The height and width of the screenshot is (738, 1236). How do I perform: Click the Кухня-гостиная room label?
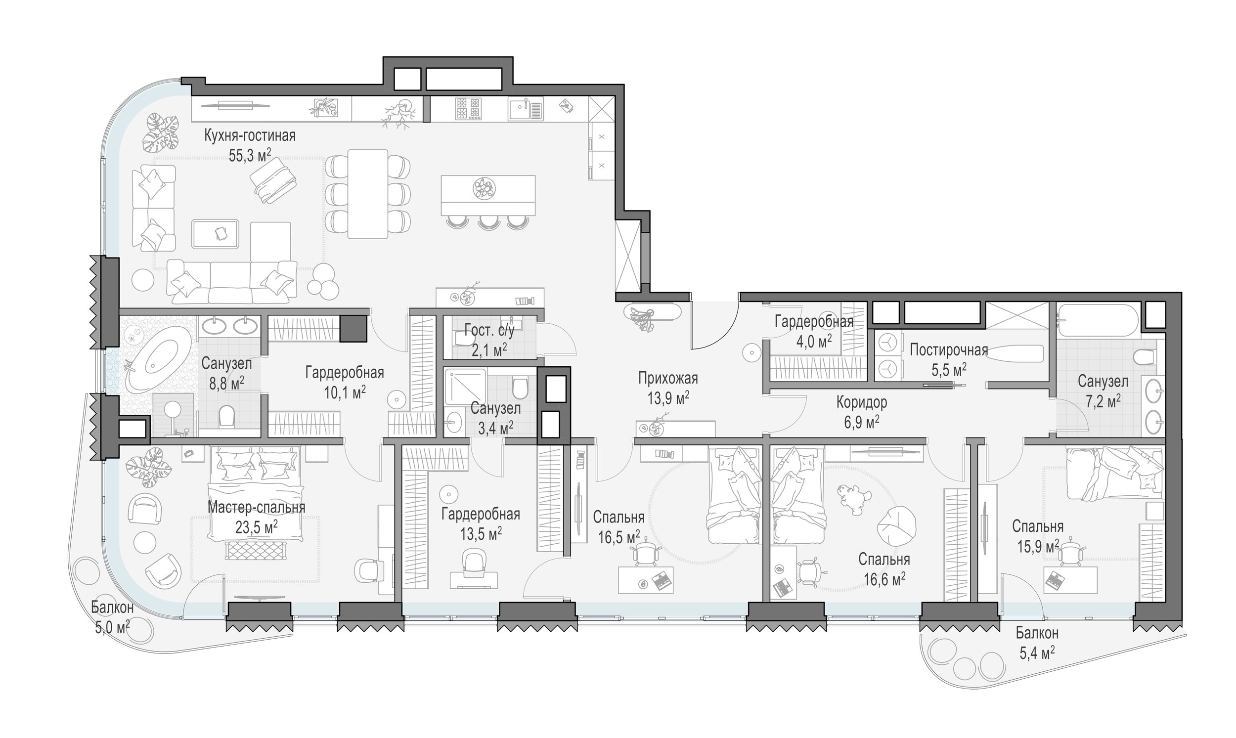coord(250,135)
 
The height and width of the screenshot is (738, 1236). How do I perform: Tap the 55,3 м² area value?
coord(250,155)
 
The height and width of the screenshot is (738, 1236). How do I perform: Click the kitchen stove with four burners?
coord(468,109)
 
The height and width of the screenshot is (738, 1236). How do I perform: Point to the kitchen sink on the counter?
coord(526,109)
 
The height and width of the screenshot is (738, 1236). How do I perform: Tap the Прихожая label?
coord(668,378)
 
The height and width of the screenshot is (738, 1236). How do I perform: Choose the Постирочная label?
coord(949,350)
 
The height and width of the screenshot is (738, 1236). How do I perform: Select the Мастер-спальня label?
coord(256,507)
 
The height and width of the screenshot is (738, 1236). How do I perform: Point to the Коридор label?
coord(861,402)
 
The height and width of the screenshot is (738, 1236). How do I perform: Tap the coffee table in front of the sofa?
coord(215,234)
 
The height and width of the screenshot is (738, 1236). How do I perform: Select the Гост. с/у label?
coord(489,330)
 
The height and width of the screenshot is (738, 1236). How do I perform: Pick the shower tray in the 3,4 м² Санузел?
coord(465,386)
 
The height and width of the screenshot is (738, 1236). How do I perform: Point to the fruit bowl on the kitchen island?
coord(484,189)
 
